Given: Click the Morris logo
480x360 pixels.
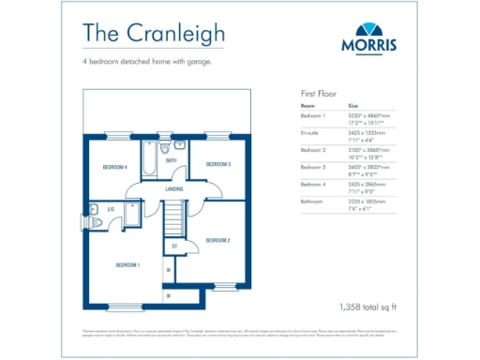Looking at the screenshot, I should click(x=367, y=41).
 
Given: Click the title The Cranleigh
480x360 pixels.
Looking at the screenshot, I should click(x=154, y=34).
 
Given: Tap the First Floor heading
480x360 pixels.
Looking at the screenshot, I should click(x=318, y=94).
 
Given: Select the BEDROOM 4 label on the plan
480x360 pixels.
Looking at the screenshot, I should click(x=114, y=167).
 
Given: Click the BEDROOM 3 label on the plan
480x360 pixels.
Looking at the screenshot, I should click(x=217, y=164).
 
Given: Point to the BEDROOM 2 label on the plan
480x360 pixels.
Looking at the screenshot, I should click(x=217, y=240).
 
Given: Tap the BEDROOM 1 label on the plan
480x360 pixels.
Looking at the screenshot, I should click(x=127, y=264).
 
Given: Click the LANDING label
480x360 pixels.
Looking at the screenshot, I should click(x=173, y=188).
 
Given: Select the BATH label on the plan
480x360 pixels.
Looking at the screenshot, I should click(x=172, y=160).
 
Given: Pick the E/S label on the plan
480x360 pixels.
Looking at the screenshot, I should click(x=111, y=209).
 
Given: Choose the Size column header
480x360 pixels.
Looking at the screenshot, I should click(x=353, y=107).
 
